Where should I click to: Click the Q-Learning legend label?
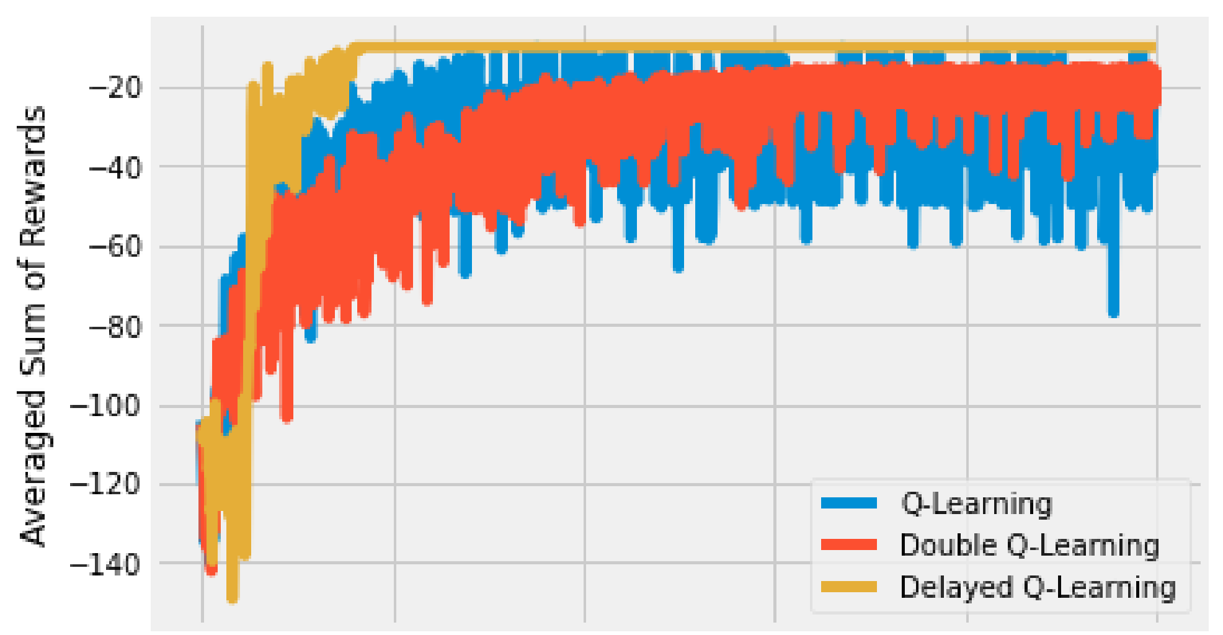pyautogui.click(x=977, y=504)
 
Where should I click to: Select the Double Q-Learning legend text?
pyautogui.click(x=1030, y=546)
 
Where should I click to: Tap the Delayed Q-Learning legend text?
pyautogui.click(x=1038, y=587)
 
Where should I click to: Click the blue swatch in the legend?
pyautogui.click(x=848, y=503)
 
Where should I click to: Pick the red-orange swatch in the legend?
pyautogui.click(x=848, y=545)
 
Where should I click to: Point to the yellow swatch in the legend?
pyautogui.click(x=848, y=587)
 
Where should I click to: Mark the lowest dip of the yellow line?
pyautogui.click(x=232, y=598)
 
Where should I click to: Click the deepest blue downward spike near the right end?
pyautogui.click(x=1113, y=313)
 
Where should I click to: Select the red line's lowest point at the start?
pyautogui.click(x=211, y=571)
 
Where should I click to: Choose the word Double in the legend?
pyautogui.click(x=949, y=546)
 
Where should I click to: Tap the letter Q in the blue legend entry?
pyautogui.click(x=911, y=504)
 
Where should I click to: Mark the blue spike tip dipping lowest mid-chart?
pyautogui.click(x=678, y=268)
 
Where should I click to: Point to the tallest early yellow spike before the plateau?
pyautogui.click(x=267, y=66)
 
